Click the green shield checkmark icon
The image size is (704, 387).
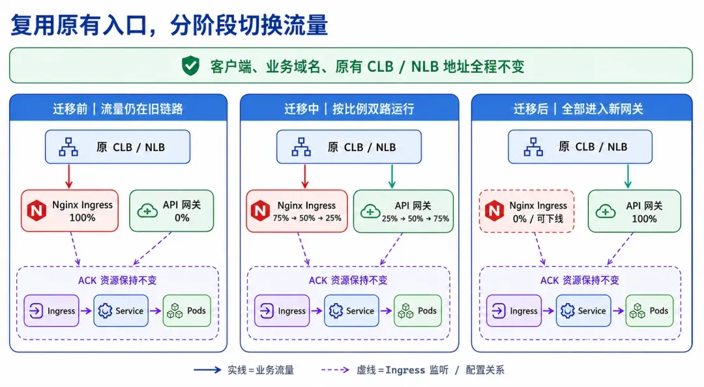[190, 66]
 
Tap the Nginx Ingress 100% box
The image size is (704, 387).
[70, 210]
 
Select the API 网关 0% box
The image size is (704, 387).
[171, 210]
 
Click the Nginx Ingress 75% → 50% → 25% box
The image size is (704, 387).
[297, 211]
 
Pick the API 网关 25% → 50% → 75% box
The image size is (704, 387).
[403, 211]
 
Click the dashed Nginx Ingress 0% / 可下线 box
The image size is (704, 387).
[527, 211]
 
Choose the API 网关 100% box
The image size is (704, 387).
[634, 211]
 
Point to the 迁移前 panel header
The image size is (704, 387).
[118, 108]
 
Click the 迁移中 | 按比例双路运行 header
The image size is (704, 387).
[349, 108]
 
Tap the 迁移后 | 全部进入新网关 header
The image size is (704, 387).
[581, 108]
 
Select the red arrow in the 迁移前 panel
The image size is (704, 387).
[68, 177]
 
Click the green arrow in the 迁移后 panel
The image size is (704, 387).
[628, 177]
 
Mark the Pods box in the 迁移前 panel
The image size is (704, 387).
[187, 311]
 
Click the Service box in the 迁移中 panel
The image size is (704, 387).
[351, 311]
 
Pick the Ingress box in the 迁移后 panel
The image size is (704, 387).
[514, 311]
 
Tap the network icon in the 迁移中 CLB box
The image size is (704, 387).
[301, 147]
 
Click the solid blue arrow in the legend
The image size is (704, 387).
[207, 370]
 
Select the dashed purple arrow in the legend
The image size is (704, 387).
[336, 370]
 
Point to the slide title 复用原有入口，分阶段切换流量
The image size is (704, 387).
[169, 25]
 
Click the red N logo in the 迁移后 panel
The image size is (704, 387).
[494, 210]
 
